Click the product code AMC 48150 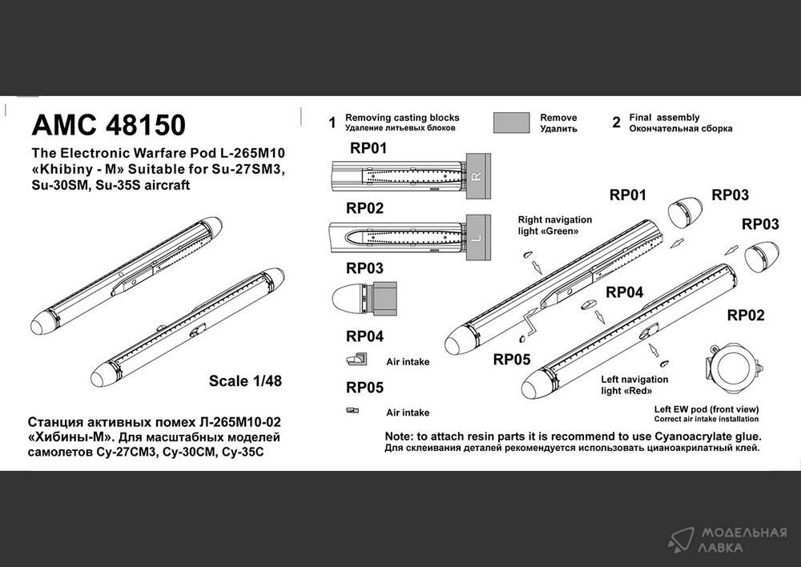[x=108, y=125]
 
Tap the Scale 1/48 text [x=245, y=381]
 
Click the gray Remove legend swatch [x=511, y=123]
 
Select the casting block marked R [x=478, y=176]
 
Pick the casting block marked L [x=478, y=238]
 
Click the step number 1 [x=332, y=123]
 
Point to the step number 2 [x=617, y=123]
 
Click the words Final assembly [x=664, y=118]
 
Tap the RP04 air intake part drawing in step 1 [x=356, y=359]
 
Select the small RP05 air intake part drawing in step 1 [x=352, y=410]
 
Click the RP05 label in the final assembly [x=512, y=360]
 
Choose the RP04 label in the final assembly [x=624, y=292]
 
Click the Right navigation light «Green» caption [x=555, y=225]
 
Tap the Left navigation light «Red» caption [x=634, y=385]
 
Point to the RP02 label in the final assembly [x=746, y=316]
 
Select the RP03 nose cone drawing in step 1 [x=364, y=298]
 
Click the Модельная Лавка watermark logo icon [x=681, y=540]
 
